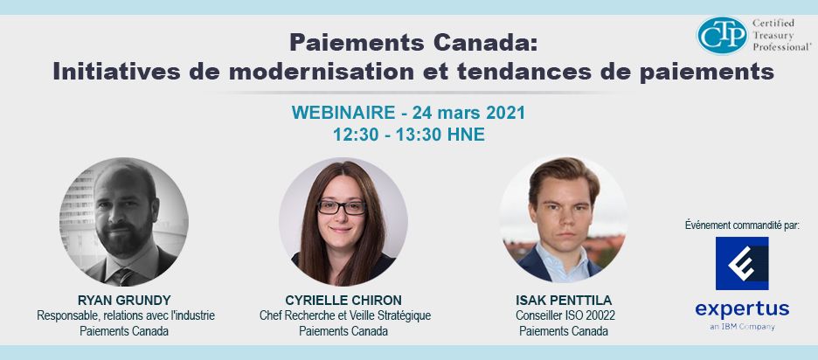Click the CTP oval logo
722,35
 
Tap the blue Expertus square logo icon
742,263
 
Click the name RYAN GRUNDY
124,300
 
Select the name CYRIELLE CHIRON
343,300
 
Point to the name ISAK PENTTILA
564,300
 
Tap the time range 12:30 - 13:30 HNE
409,135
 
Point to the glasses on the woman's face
342,208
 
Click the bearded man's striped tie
123,276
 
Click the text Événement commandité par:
742,225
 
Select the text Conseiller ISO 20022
564,315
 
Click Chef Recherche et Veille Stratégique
345,315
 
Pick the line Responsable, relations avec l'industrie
125,315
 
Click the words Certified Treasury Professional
781,35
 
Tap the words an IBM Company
742,327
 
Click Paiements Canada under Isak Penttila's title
564,331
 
